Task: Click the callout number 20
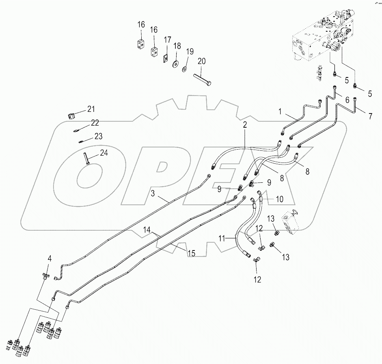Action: (x=201, y=62)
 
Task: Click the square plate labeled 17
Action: (x=166, y=58)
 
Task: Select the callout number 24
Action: (x=104, y=153)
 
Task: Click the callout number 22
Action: (x=95, y=122)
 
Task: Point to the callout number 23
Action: (x=99, y=136)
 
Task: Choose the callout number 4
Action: (x=50, y=258)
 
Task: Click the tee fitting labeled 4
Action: (x=45, y=276)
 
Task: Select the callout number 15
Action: (x=190, y=253)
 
